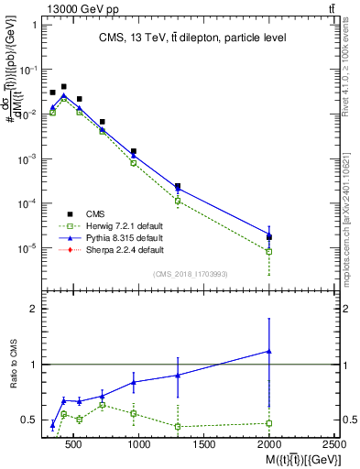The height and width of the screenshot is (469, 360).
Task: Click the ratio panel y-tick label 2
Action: (32, 309)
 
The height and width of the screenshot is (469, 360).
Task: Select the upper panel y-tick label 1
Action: (32, 26)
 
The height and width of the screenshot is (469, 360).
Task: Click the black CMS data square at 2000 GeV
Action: (269, 237)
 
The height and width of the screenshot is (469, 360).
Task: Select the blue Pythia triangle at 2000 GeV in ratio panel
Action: (269, 351)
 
